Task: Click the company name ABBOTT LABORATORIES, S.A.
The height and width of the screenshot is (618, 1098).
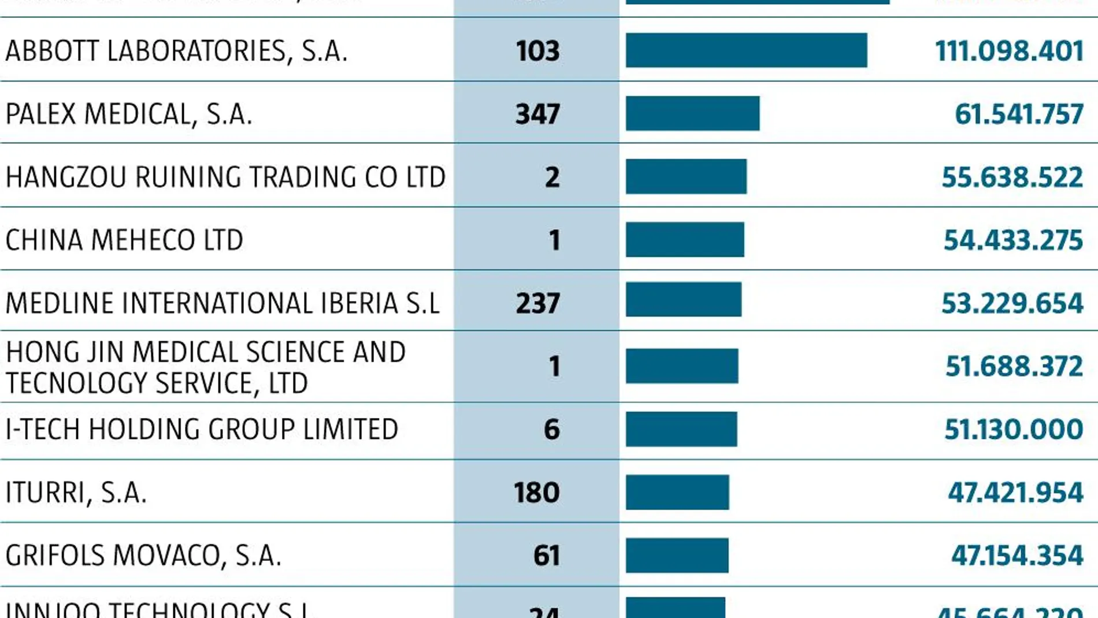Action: pos(176,51)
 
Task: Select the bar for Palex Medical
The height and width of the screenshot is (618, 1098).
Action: pos(692,113)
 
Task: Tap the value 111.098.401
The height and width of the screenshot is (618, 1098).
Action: pos(1009,51)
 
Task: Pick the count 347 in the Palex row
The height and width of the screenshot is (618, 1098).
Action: pos(537,114)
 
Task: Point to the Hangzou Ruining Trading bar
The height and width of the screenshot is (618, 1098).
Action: pos(686,176)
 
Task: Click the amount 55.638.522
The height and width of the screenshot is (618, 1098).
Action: pos(1012,177)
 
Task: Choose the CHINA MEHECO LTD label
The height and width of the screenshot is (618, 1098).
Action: pos(124,240)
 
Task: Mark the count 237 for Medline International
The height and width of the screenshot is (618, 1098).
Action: pos(537,303)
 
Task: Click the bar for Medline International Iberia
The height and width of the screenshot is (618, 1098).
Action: pos(683,299)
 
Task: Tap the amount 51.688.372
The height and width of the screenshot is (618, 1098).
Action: pos(1014,367)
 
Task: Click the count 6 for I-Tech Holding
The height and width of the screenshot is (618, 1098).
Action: pos(552,430)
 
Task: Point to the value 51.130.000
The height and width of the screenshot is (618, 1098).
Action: pos(1014,430)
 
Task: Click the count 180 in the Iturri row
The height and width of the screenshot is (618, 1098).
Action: pos(536,493)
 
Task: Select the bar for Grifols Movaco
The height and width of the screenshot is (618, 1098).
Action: pos(677,555)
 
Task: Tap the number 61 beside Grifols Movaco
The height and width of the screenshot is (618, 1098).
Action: pos(546,556)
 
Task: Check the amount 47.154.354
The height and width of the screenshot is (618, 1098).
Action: pos(1017,556)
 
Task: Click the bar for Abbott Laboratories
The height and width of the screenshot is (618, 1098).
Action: pos(746,50)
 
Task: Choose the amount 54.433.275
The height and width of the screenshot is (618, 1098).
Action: pos(1013,240)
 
